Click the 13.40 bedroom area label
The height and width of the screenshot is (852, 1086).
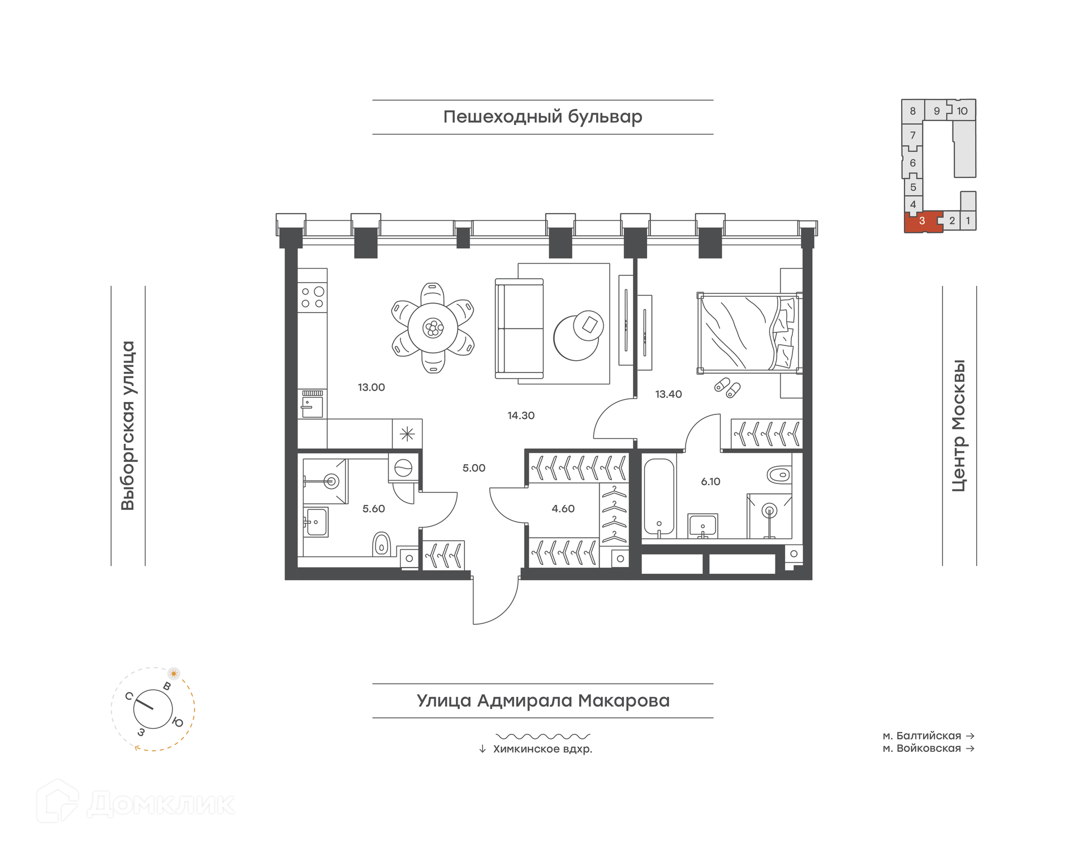click(x=669, y=394)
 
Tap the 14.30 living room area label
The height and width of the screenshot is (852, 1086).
click(x=521, y=416)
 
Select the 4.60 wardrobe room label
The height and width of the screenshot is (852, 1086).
click(x=563, y=509)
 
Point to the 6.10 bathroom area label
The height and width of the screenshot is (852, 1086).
click(x=710, y=482)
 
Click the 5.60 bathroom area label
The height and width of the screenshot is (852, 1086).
click(x=373, y=509)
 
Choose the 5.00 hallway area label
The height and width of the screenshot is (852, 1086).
click(x=474, y=468)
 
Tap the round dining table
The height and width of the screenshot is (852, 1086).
click(x=433, y=328)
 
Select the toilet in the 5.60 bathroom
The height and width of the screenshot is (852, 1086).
click(x=382, y=544)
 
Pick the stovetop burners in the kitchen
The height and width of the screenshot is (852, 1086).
click(x=312, y=297)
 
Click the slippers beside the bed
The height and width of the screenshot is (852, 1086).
click(x=727, y=387)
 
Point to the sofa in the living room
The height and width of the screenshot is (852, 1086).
click(x=519, y=328)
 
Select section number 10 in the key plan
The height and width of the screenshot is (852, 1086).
click(x=962, y=111)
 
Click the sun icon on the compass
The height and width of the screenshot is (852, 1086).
click(x=174, y=673)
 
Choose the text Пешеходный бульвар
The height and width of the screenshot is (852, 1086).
click(x=542, y=116)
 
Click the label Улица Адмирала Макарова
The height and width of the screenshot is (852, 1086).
click(x=543, y=700)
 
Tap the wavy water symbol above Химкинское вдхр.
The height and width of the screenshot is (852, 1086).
click(x=542, y=736)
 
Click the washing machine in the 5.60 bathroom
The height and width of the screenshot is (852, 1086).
click(x=403, y=468)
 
